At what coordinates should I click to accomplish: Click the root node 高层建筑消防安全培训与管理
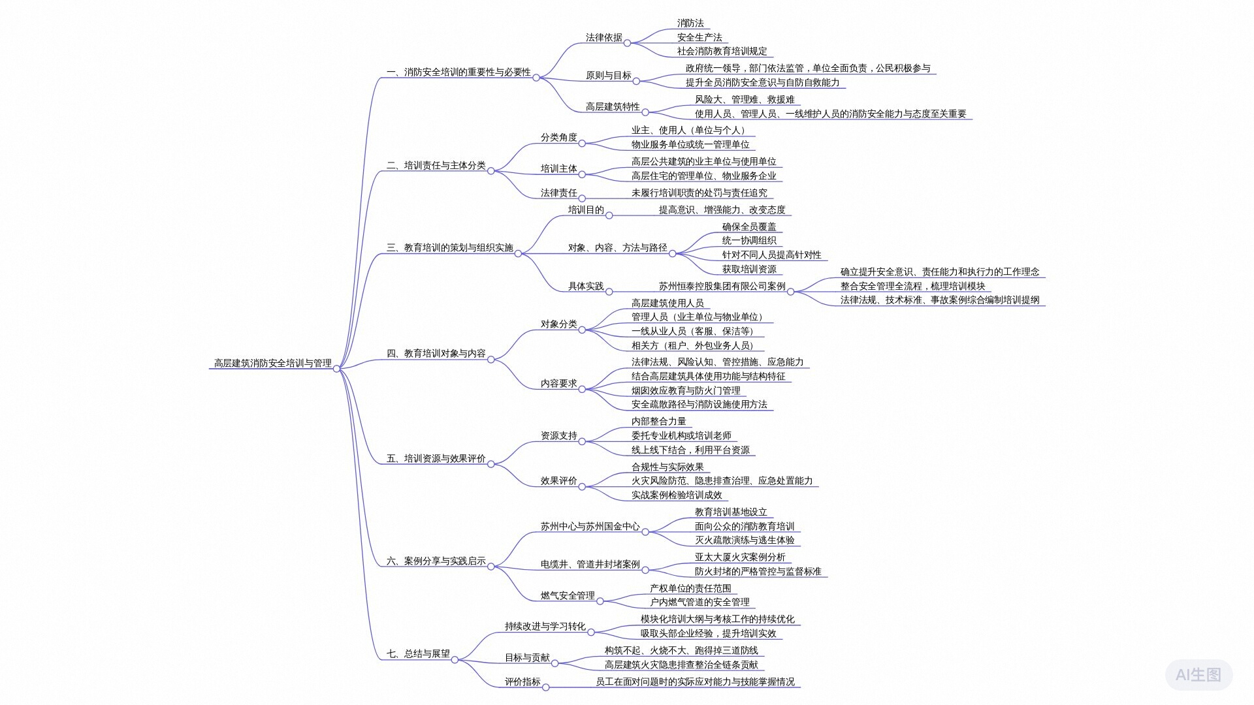(x=273, y=363)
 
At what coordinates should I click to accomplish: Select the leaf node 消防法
(x=690, y=23)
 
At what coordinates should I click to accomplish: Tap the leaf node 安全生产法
(x=699, y=37)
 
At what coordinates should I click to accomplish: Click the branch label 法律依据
(x=604, y=37)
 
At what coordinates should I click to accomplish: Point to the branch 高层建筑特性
(x=613, y=106)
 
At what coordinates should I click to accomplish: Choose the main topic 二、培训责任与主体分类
(x=436, y=166)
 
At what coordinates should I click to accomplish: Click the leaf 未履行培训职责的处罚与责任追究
(x=699, y=193)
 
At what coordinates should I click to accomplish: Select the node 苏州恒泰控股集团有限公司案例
(x=722, y=286)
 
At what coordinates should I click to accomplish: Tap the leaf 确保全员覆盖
(x=749, y=227)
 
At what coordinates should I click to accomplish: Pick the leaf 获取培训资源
(x=749, y=269)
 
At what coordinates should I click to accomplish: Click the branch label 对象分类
(x=558, y=324)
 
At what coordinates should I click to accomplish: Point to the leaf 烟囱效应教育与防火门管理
(x=686, y=390)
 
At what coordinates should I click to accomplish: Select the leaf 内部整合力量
(x=658, y=422)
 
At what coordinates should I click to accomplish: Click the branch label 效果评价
(x=558, y=480)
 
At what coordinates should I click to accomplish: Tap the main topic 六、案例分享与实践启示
(x=436, y=561)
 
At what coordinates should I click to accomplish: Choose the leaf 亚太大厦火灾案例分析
(x=740, y=557)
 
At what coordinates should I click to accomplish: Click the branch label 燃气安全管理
(x=568, y=595)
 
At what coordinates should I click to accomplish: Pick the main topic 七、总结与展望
(x=418, y=653)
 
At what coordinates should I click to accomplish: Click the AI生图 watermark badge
(x=1198, y=675)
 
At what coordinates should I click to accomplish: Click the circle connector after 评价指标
(x=545, y=687)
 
